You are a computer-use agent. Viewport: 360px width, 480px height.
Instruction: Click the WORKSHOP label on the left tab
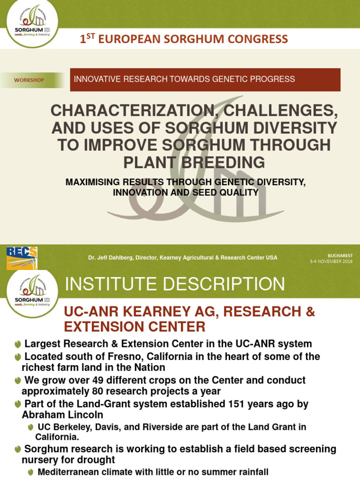click(x=29, y=80)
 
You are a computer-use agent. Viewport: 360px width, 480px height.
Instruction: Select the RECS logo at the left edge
click(x=22, y=258)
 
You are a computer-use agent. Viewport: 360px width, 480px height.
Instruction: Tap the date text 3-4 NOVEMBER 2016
click(x=331, y=261)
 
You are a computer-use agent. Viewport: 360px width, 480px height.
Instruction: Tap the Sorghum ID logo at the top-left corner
click(x=32, y=24)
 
